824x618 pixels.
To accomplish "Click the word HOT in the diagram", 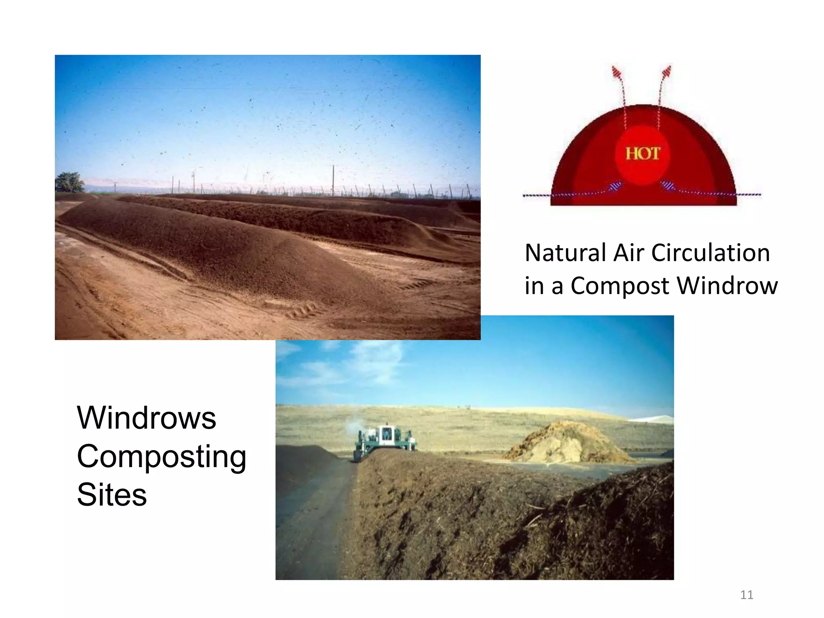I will pos(643,154).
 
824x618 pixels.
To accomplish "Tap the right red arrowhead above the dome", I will pos(666,72).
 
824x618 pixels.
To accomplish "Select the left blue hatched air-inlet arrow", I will pos(614,186).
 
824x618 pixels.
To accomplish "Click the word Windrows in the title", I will pos(146,418).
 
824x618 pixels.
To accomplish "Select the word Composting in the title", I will pos(161,457).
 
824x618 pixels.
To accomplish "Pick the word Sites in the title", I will pos(112,494).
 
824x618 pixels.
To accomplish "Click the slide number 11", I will pos(746,595).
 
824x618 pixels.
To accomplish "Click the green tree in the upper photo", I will pos(69,182).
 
